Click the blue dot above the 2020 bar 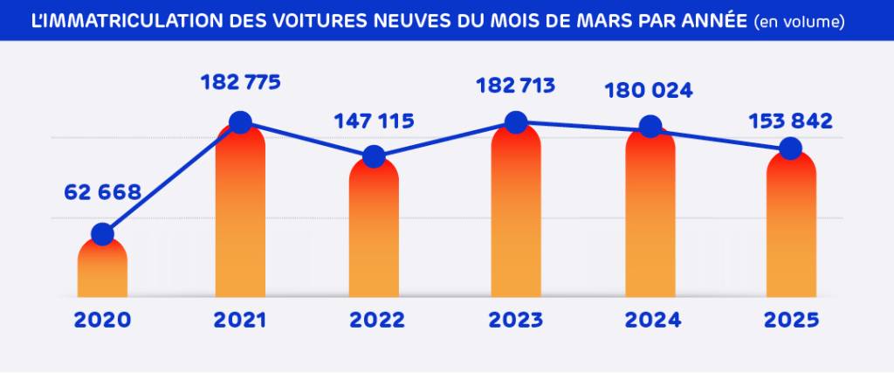(x=102, y=234)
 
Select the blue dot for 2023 (x=516, y=122)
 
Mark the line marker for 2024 (x=650, y=127)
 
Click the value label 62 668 (x=102, y=192)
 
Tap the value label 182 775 (x=240, y=83)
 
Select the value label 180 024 (x=650, y=90)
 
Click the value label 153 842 (x=791, y=121)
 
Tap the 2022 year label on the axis (x=377, y=320)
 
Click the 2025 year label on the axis (x=791, y=320)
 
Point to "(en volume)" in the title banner (x=800, y=21)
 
